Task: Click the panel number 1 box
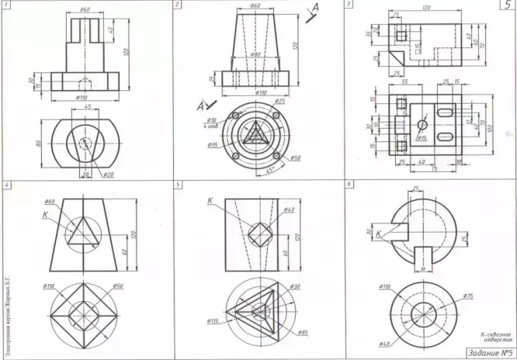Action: click(x=6, y=5)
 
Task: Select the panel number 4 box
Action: click(x=6, y=185)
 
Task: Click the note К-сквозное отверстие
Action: click(x=494, y=336)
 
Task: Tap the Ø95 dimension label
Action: click(x=212, y=145)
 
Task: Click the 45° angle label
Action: click(x=271, y=169)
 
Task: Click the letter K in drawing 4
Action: click(x=45, y=213)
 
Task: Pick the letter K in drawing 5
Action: click(x=210, y=201)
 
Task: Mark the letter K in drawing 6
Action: click(x=378, y=233)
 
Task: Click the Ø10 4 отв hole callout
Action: click(x=210, y=123)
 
